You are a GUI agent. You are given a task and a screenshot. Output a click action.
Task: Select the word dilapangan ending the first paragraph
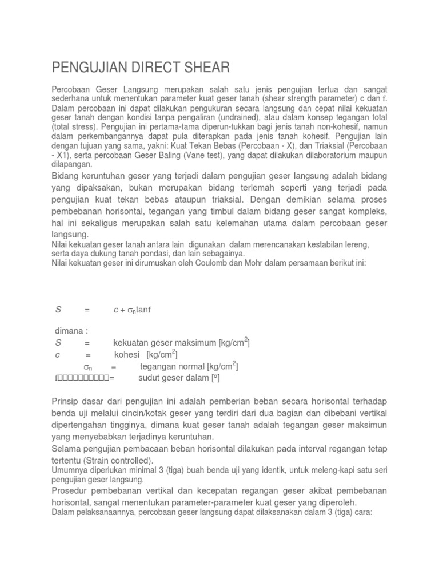72,164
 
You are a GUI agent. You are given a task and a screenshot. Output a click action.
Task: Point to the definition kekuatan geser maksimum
165,343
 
